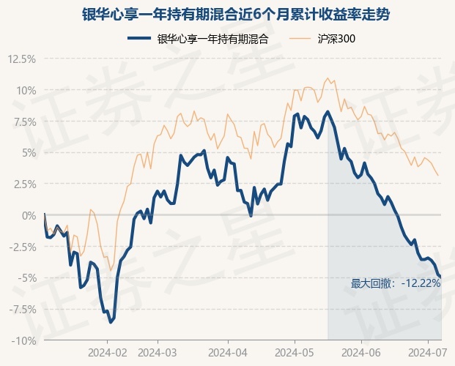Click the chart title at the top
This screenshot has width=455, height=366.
227,14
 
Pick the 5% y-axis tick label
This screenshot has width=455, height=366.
27,153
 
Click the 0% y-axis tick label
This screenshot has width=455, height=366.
27,215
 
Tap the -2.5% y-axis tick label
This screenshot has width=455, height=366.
21,247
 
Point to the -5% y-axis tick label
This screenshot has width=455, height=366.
26,278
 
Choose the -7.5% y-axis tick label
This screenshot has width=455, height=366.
21,309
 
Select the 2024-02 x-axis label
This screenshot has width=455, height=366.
108,351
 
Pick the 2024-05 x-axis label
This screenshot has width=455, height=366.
295,351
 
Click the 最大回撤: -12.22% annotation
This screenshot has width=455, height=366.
396,283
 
